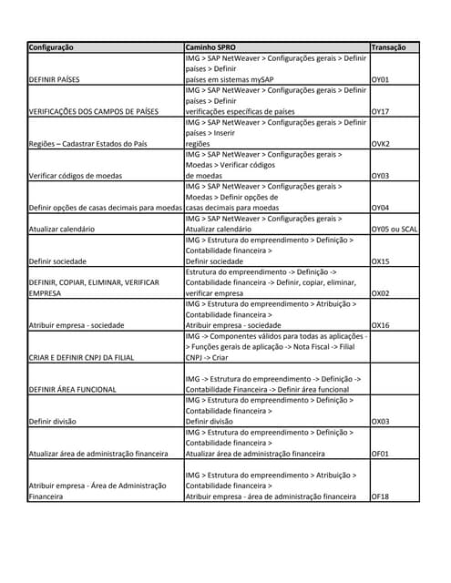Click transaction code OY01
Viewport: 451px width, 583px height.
coord(381,79)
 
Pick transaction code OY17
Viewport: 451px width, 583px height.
coord(381,112)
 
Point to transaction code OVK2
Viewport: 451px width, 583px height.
coord(381,144)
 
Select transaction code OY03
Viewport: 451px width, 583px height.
coord(381,176)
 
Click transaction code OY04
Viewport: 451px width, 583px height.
coord(381,208)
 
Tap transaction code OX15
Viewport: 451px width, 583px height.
coord(381,261)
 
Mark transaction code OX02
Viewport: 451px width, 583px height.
coord(381,293)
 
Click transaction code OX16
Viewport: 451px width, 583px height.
coord(381,325)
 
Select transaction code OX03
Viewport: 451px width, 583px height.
coord(381,422)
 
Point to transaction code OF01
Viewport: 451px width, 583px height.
coord(381,454)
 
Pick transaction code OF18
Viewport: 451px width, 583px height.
coord(381,497)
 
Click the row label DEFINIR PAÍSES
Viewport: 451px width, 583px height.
coord(56,79)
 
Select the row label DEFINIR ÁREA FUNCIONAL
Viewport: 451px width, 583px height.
coord(73,389)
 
